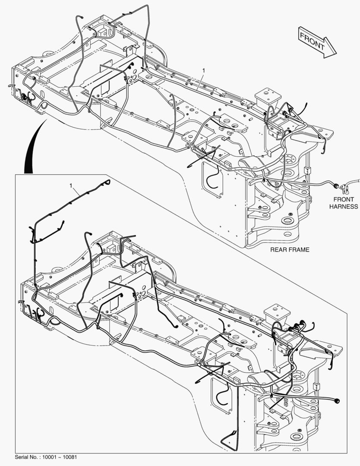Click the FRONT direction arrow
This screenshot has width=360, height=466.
click(317, 42)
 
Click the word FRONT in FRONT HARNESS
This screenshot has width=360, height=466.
click(343, 199)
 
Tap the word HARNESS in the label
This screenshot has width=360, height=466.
click(344, 207)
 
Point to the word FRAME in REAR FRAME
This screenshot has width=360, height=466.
click(299, 250)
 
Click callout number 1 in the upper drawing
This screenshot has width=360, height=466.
click(204, 70)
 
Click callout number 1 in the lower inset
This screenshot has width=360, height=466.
click(71, 186)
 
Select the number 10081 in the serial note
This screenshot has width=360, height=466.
click(71, 457)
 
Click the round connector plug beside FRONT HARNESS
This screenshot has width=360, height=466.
click(336, 186)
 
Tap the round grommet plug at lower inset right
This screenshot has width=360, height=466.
click(337, 401)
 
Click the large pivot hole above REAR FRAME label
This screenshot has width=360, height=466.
click(287, 221)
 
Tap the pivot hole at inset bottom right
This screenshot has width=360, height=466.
click(297, 437)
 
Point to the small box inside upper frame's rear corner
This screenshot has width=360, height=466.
click(103, 32)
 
